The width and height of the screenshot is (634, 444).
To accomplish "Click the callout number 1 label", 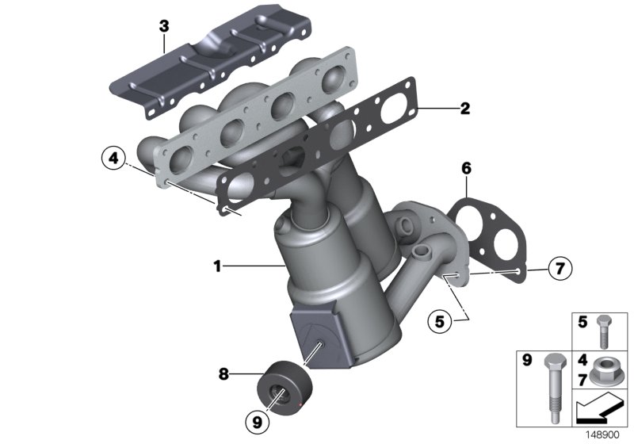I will pos(217,267).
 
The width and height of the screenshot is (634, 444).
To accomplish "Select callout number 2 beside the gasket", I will pos(465,109).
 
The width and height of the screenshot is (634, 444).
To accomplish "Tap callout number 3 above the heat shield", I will pos(164,26).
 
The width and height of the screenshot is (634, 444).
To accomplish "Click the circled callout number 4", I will pos(114,159).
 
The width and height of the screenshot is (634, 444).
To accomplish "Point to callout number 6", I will pos(466,168).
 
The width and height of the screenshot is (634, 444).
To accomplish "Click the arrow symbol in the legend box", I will pos(600,413).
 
